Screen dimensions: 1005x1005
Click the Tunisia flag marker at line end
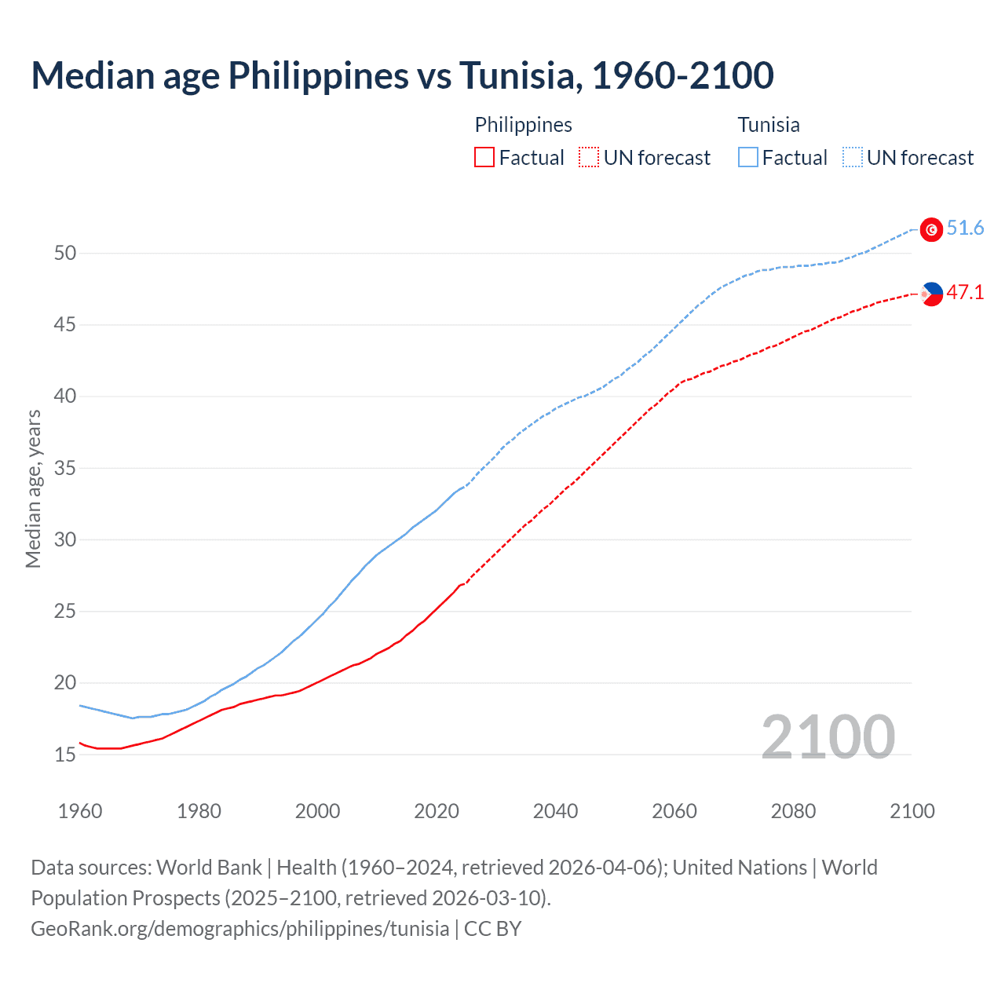tap(931, 229)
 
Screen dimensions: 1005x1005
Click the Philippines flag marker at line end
tap(931, 294)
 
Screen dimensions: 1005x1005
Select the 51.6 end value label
tap(965, 228)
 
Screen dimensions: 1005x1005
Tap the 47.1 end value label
tap(965, 293)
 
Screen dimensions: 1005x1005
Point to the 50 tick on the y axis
tap(65, 253)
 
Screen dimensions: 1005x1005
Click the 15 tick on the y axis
tap(65, 755)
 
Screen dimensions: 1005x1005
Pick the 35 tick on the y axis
tap(65, 468)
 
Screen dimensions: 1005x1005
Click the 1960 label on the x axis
tap(80, 811)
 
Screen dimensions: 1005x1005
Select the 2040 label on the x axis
tap(555, 811)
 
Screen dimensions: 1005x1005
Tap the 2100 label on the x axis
tap(912, 811)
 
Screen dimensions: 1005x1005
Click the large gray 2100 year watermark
tap(828, 736)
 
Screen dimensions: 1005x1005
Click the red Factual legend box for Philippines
tap(484, 158)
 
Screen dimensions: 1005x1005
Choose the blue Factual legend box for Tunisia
tap(748, 158)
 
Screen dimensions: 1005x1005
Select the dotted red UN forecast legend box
tap(589, 158)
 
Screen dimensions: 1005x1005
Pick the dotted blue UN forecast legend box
tap(853, 158)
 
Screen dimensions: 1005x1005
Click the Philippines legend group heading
tap(523, 125)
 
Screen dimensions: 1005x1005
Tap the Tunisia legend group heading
tap(769, 125)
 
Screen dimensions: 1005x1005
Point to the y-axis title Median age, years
tap(33, 488)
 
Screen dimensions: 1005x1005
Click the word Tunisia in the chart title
tap(520, 75)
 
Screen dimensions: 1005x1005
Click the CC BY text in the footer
tap(492, 929)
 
